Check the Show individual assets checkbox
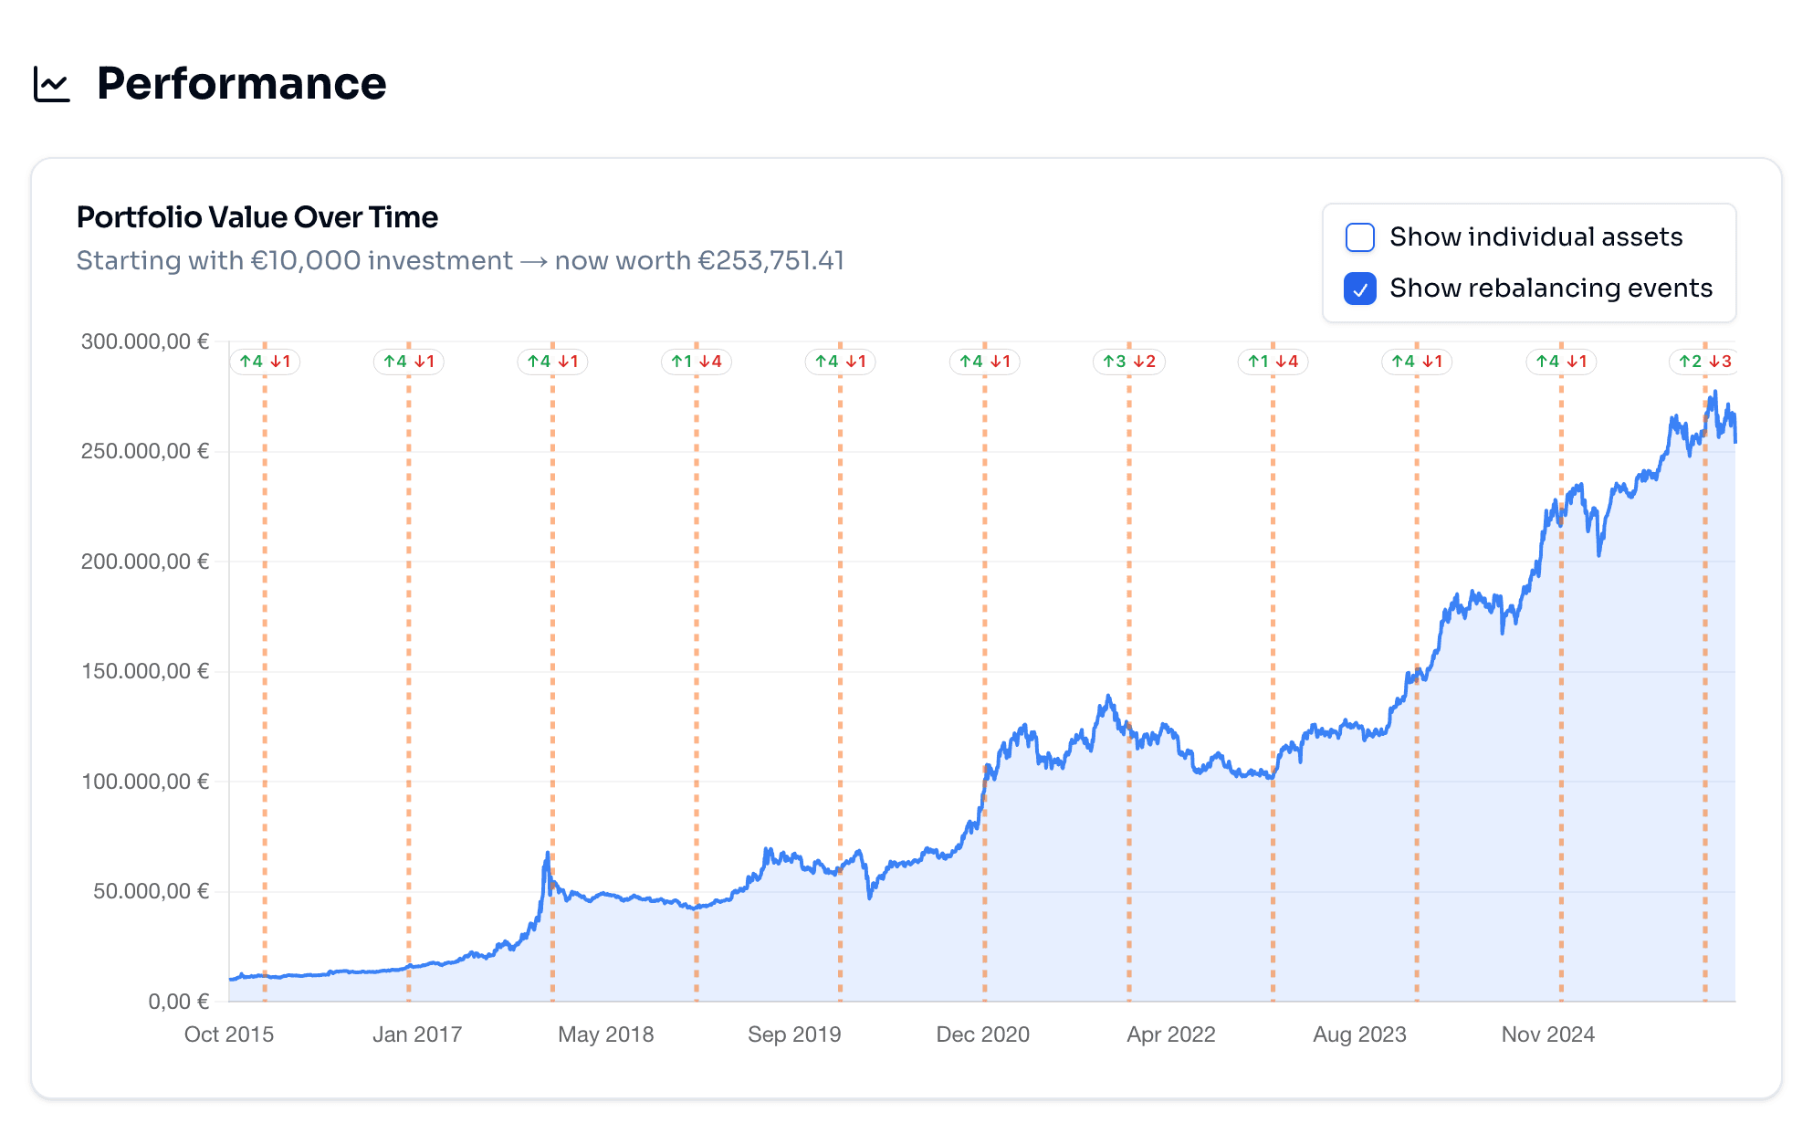pyautogui.click(x=1359, y=237)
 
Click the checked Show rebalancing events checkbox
pyautogui.click(x=1359, y=289)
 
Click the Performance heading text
pyautogui.click(x=241, y=84)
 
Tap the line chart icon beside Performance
pyautogui.click(x=52, y=84)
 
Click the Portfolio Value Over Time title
pyautogui.click(x=257, y=217)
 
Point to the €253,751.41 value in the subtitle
pyautogui.click(x=770, y=261)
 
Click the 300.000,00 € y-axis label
pyautogui.click(x=145, y=341)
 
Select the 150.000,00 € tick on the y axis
pyautogui.click(x=145, y=671)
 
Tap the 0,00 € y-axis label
pyautogui.click(x=179, y=1002)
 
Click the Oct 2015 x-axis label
pyautogui.click(x=229, y=1034)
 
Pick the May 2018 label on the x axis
pyautogui.click(x=605, y=1034)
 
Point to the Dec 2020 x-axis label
pyautogui.click(x=982, y=1034)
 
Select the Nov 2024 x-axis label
pyautogui.click(x=1547, y=1034)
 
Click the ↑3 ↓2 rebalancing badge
pyautogui.click(x=1128, y=362)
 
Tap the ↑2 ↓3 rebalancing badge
pyautogui.click(x=1704, y=362)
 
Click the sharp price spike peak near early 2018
pyautogui.click(x=547, y=854)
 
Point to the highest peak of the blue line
pyautogui.click(x=1714, y=393)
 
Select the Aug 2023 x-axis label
pyautogui.click(x=1359, y=1034)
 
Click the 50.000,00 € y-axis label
pyautogui.click(x=151, y=891)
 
